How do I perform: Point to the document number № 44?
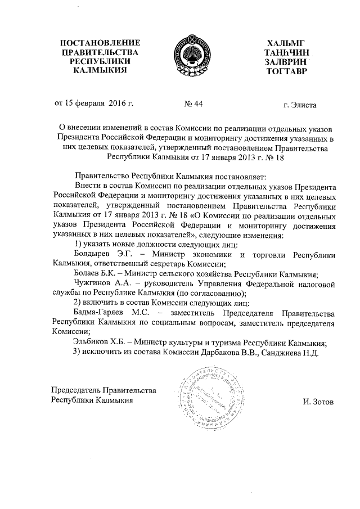193,105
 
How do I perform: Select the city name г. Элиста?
300,105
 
